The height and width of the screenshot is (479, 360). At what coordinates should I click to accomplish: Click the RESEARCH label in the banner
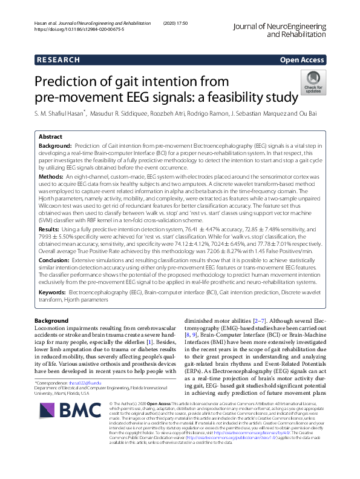(58, 60)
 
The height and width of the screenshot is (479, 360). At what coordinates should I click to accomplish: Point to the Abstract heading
(50, 137)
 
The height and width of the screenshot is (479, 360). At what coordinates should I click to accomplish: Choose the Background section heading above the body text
(51, 320)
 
